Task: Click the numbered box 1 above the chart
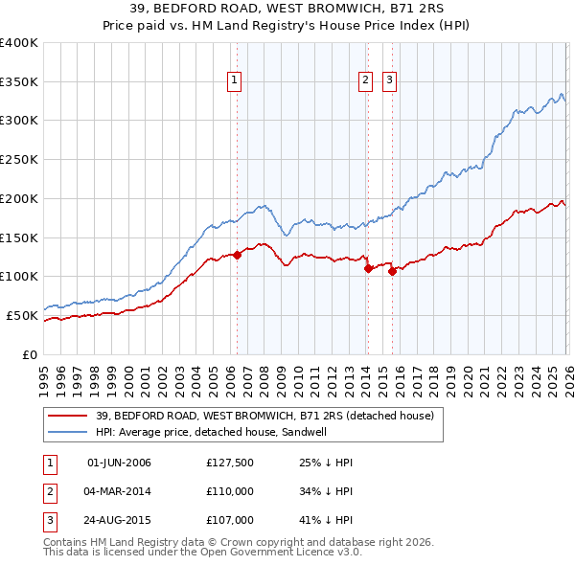[x=236, y=81]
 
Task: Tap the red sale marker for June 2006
[x=237, y=255]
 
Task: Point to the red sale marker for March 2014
[x=368, y=269]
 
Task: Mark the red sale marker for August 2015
[x=392, y=272]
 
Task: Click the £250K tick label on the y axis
[x=18, y=160]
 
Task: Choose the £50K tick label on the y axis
[x=21, y=315]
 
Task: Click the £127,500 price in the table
[x=229, y=463]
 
